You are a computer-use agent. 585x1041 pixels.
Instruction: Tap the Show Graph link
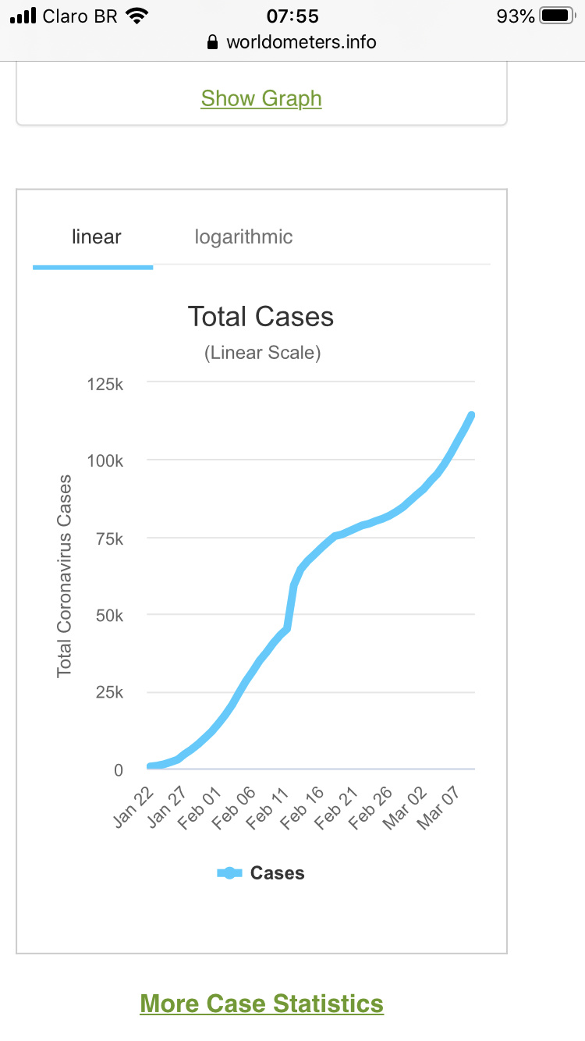click(261, 99)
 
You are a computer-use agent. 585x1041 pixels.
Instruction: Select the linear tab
click(96, 237)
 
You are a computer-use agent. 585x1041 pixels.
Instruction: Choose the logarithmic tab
click(243, 237)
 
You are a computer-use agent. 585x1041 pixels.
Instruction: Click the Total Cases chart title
click(261, 317)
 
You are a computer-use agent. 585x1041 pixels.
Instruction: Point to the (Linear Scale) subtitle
click(262, 353)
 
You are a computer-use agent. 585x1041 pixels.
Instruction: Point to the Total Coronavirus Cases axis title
click(64, 576)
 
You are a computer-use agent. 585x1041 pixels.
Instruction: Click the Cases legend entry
click(261, 873)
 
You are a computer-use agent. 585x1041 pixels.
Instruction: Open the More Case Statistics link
click(261, 1004)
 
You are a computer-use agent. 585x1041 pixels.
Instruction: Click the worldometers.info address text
click(301, 42)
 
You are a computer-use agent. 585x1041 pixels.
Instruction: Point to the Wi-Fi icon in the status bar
click(137, 16)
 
